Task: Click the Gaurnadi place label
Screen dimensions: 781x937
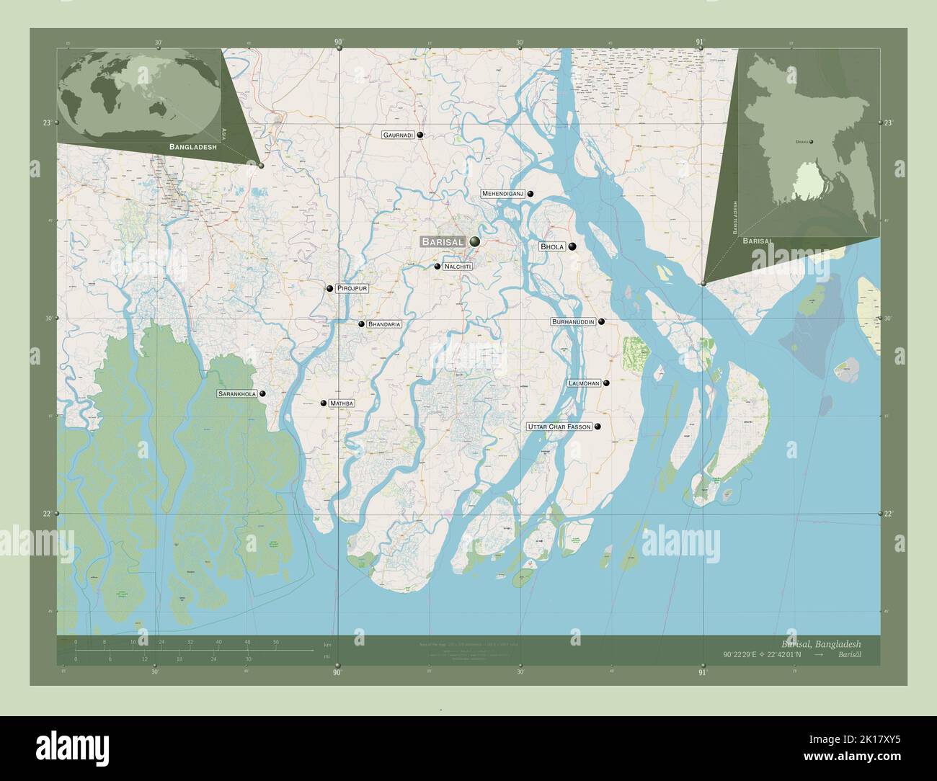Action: (x=399, y=135)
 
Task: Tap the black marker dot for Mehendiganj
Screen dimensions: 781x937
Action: (x=530, y=194)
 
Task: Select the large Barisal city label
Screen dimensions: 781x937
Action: (x=443, y=242)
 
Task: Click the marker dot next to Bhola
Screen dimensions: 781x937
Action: (x=572, y=246)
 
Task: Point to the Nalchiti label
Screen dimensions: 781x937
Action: (x=458, y=267)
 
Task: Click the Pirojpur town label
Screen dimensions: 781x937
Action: (x=352, y=288)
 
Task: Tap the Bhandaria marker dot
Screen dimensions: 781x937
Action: (x=361, y=324)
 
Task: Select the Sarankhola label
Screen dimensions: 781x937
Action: (x=237, y=394)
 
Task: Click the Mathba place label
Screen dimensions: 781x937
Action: (x=342, y=403)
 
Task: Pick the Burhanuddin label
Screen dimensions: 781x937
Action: (x=573, y=321)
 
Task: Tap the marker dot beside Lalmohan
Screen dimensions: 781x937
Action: (x=607, y=383)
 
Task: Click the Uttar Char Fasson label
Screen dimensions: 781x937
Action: (x=559, y=427)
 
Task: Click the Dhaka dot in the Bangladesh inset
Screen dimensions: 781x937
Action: (x=812, y=142)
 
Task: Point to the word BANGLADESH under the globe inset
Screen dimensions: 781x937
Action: (x=193, y=146)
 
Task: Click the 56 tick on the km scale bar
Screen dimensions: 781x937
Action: (x=276, y=641)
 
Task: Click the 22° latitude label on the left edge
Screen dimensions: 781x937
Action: (x=47, y=513)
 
